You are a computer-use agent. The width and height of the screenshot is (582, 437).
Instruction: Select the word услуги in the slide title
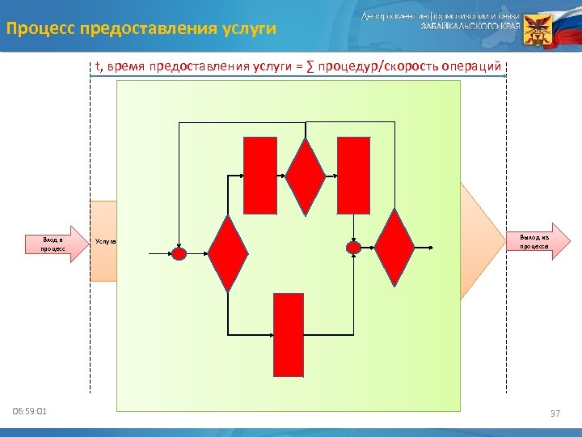[247, 29]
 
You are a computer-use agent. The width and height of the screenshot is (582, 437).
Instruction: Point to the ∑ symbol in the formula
[310, 66]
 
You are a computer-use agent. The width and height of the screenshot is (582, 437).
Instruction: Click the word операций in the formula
[471, 66]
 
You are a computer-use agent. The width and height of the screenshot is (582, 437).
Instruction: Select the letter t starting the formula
[98, 66]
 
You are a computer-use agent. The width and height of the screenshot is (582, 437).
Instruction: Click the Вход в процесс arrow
[59, 244]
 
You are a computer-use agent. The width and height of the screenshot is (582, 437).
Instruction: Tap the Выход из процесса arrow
[533, 241]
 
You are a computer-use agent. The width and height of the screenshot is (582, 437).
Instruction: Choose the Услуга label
[106, 241]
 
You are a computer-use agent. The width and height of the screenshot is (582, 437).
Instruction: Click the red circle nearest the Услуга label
[179, 253]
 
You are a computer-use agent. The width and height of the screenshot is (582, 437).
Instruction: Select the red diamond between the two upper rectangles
[306, 176]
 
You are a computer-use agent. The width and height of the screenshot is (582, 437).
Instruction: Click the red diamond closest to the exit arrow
[394, 248]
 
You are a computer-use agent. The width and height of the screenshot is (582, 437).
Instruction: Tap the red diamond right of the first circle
[228, 253]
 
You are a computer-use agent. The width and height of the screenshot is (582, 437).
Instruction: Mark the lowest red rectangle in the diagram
[289, 335]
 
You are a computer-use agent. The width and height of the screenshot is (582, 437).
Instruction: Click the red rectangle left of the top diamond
[260, 175]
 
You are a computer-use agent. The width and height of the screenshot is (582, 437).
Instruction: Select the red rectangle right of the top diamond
[353, 175]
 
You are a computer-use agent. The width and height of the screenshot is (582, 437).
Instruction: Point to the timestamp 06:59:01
[30, 412]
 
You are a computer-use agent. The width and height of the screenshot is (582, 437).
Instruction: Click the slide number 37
[555, 414]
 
